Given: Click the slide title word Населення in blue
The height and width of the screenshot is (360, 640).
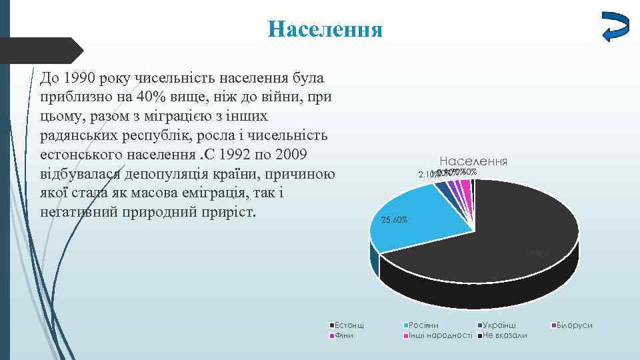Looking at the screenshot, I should point(325,30).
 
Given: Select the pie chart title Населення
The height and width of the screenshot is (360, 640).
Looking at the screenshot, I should point(473,161).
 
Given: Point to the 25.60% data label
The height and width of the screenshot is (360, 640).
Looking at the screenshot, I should point(394,220).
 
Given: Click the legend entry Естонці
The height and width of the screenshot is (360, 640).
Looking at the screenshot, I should point(349,325).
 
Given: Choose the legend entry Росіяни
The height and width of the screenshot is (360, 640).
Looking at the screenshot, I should point(423,325).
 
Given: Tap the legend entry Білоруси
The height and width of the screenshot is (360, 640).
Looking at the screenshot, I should point(574,325).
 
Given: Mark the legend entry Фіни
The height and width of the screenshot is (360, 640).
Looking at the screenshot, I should point(343,335).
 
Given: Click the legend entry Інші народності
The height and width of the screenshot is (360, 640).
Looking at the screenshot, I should point(439,335).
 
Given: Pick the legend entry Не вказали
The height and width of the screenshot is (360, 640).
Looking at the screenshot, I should point(504,335).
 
